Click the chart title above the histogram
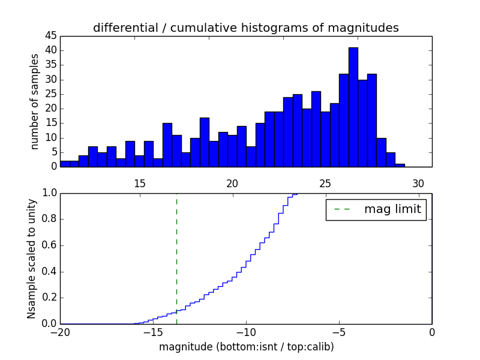(x=246, y=28)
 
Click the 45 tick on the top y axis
(x=51, y=35)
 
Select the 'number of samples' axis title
(x=35, y=101)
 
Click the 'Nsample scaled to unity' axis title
(x=32, y=258)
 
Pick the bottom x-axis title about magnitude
(x=246, y=347)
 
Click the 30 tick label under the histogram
(x=418, y=184)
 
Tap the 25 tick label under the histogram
(x=325, y=184)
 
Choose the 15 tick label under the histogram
(x=139, y=184)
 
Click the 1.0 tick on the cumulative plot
(x=49, y=193)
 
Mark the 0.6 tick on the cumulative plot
(x=49, y=245)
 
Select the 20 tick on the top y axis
(x=51, y=109)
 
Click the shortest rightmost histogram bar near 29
(x=400, y=165)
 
